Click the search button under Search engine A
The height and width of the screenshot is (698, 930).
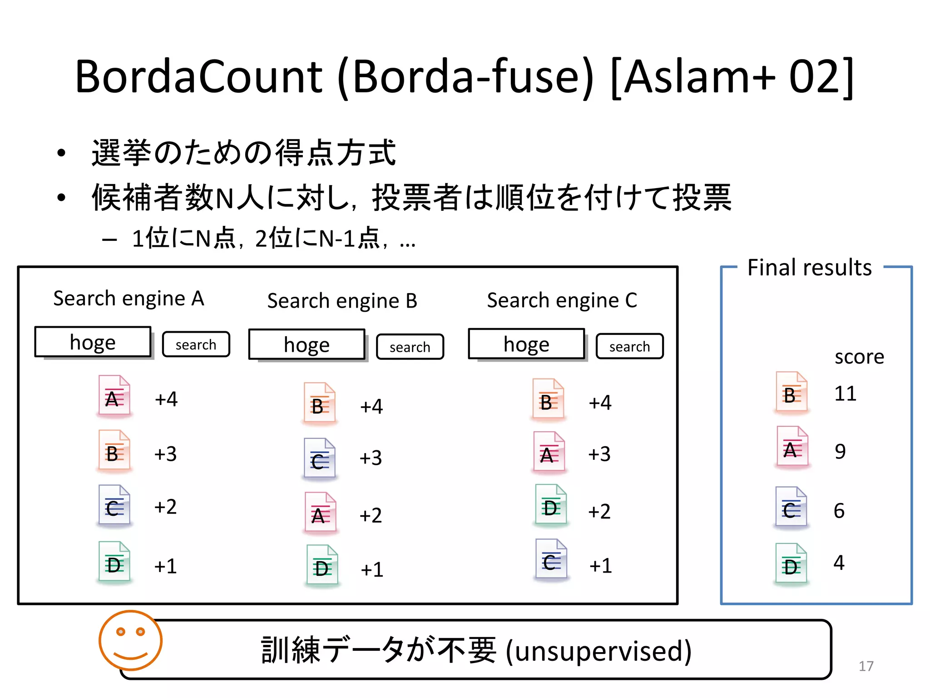(196, 344)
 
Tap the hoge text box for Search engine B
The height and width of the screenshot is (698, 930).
(307, 344)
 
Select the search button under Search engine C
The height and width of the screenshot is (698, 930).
(629, 346)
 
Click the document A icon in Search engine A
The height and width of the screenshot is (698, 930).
(114, 396)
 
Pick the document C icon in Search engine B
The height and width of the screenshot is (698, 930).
(319, 458)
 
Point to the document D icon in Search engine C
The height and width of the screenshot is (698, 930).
(550, 505)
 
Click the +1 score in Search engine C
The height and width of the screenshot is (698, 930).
(600, 566)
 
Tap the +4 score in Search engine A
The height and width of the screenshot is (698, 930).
(166, 399)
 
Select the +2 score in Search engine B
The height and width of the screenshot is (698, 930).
(371, 515)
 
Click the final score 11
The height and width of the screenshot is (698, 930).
(845, 393)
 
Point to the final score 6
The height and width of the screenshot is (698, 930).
(839, 511)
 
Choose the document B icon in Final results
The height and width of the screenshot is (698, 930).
(791, 392)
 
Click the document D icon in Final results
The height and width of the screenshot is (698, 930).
(791, 563)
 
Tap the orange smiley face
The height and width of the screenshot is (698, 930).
(131, 640)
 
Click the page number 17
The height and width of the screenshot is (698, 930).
(866, 666)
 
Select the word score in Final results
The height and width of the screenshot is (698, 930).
(859, 357)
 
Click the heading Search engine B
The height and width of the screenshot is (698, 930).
(342, 301)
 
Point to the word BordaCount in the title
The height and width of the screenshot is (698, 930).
(198, 76)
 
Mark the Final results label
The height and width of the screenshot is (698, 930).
(809, 267)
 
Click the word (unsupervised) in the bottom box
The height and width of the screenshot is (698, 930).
(599, 651)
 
